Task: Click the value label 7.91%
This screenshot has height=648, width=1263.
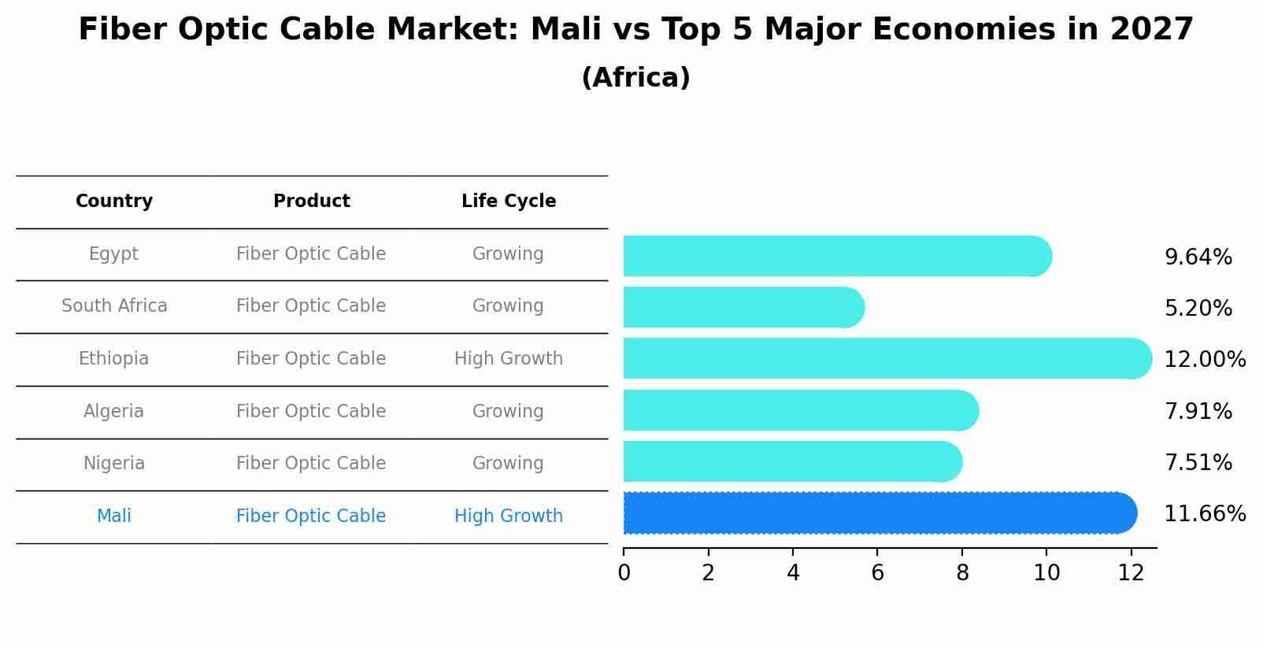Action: [1198, 411]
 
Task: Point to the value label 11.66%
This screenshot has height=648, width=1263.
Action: [1204, 514]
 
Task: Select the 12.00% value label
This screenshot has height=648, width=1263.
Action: [1204, 360]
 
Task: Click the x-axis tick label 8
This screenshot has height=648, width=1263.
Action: [962, 573]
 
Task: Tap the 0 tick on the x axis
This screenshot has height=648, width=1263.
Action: [624, 573]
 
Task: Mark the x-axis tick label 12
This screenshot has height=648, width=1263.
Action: [1131, 573]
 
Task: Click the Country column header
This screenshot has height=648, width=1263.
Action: [114, 202]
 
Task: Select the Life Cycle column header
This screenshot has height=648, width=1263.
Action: [509, 202]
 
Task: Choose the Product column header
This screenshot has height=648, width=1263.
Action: [311, 202]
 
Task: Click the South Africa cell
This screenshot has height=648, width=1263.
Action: [114, 305]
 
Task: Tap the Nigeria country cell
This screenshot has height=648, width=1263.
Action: [114, 463]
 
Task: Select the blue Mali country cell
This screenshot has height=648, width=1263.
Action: [114, 516]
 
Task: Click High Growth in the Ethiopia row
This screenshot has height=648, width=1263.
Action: [509, 358]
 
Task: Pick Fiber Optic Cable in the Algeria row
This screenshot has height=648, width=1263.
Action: [311, 411]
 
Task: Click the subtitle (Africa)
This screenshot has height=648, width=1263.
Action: [635, 78]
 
